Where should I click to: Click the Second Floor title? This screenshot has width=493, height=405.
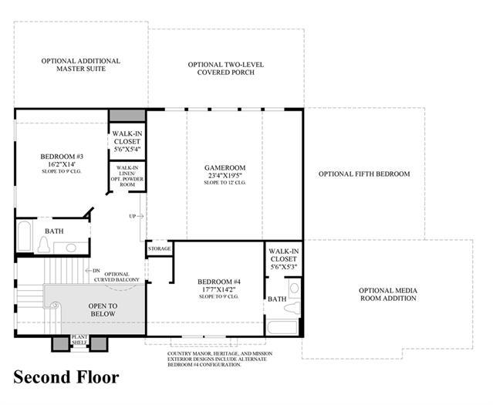[x=66, y=377]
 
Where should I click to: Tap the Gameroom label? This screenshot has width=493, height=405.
[x=225, y=167]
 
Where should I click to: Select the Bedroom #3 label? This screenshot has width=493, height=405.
[x=62, y=157]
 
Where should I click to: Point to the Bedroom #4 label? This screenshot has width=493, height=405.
[x=219, y=282]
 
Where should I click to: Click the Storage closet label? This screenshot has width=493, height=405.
[x=160, y=248]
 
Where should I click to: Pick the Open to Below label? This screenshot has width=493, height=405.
[x=103, y=309]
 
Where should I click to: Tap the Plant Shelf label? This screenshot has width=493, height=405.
[x=79, y=339]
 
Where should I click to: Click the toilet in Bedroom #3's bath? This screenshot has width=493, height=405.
[x=44, y=245]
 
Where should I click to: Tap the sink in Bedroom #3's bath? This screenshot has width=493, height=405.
[x=71, y=248]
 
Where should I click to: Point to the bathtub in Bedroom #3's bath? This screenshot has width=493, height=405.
[x=24, y=236]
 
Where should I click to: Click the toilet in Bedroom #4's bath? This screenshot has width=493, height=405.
[x=292, y=306]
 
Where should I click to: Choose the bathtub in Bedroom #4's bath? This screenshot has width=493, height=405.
[x=282, y=327]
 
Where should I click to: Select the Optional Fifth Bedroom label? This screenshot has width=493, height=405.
[x=364, y=174]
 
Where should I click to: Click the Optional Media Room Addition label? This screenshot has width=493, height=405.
[x=388, y=295]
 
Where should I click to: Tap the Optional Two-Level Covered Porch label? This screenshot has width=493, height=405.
[x=226, y=68]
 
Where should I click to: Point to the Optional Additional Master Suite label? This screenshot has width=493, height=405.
[x=81, y=65]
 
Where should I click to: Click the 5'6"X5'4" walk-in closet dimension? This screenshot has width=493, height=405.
[x=127, y=149]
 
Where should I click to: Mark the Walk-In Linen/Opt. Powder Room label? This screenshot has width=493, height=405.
[x=127, y=176]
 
